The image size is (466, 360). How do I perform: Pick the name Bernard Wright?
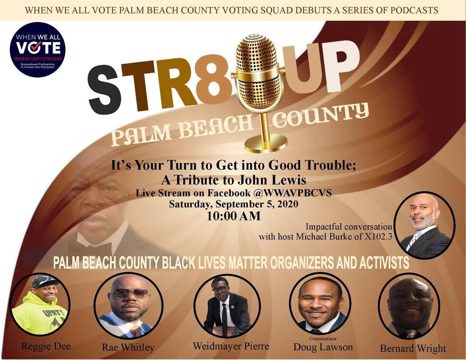(x=413, y=348)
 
